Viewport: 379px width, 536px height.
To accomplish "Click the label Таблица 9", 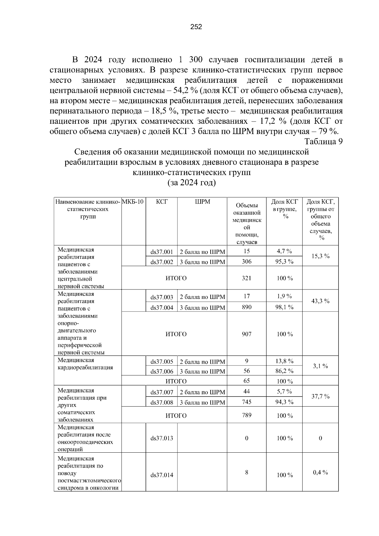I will (323, 141).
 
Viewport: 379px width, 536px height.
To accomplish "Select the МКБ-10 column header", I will (133, 202).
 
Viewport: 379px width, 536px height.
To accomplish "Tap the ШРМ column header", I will (202, 202).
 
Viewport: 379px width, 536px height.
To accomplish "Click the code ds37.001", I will (162, 252).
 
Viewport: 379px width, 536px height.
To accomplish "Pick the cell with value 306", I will (247, 261).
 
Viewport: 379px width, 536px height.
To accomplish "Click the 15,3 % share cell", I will (320, 256).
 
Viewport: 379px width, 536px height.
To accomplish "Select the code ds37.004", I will (162, 307).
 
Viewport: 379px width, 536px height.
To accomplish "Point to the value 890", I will (247, 307).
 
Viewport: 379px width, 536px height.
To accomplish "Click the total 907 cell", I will (247, 334).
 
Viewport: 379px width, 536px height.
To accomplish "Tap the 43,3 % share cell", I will (320, 301).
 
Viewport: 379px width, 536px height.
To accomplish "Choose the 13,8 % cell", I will (284, 361).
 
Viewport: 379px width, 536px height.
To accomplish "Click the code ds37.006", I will (162, 372).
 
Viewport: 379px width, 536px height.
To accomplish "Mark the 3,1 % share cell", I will (320, 366).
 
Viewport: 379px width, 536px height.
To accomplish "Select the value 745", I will (247, 402).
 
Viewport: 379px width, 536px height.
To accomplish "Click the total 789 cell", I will (247, 415).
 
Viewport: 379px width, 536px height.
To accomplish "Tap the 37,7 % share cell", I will (320, 396).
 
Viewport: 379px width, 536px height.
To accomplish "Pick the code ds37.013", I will (162, 438).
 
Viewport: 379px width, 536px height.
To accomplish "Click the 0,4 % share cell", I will (320, 473).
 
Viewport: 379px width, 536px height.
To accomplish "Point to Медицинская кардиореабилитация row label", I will (85, 364).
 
